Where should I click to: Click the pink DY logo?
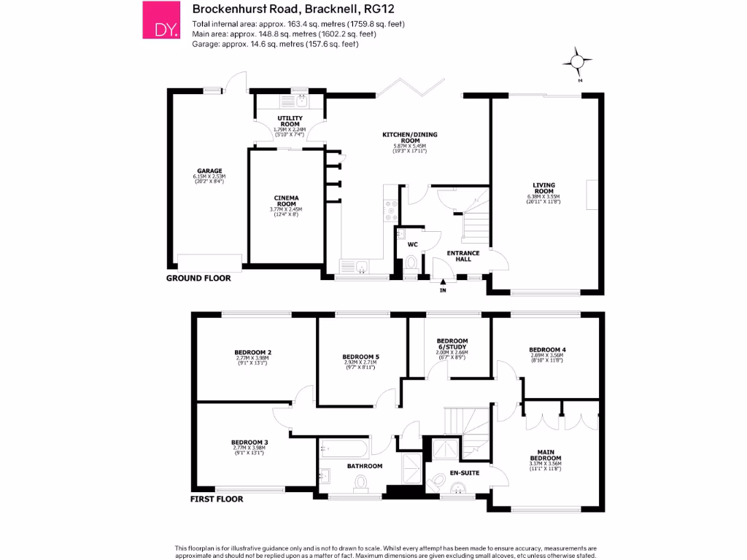[x=160, y=20]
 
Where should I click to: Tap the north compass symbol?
[x=578, y=63]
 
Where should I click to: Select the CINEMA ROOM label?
[x=285, y=201]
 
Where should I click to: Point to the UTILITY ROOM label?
[x=289, y=120]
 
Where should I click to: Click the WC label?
[x=412, y=244]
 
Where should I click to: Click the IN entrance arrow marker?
[x=442, y=286]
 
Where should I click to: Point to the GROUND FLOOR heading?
[x=198, y=278]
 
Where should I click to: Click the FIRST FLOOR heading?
[x=217, y=499]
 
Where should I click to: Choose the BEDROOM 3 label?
[x=249, y=442]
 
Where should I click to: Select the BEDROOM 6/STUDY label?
[x=452, y=344]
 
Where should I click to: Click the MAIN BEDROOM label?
[x=546, y=454]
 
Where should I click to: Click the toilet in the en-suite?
[x=439, y=481]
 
